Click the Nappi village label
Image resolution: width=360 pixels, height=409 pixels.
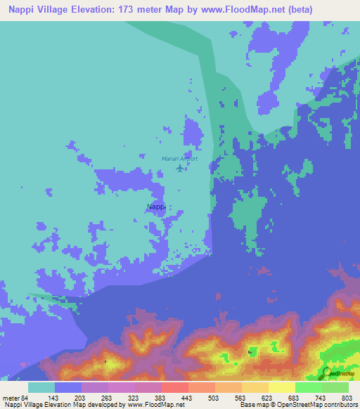(x=155, y=207)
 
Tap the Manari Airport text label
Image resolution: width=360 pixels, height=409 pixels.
(x=179, y=159)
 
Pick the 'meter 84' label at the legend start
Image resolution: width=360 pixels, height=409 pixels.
(x=14, y=398)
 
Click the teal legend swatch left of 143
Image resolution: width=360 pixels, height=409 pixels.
(x=41, y=387)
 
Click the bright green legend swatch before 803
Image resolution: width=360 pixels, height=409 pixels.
(x=335, y=387)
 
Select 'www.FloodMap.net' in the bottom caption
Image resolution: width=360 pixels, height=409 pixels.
(x=154, y=405)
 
